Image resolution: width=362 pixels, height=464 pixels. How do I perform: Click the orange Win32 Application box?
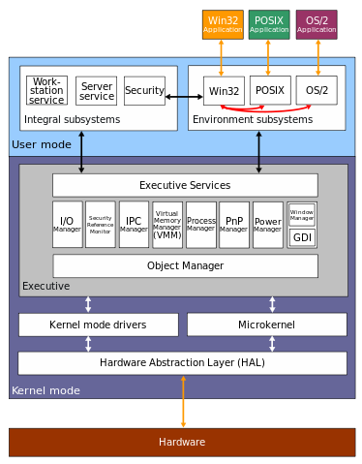point(223,24)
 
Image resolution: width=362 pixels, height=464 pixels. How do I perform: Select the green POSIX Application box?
point(269,24)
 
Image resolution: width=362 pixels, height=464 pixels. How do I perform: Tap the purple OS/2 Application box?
point(317,24)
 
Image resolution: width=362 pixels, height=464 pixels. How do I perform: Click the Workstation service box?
point(46,91)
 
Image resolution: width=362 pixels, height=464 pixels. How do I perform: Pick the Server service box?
point(96,91)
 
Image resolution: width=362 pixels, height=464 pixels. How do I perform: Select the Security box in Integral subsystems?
point(144,91)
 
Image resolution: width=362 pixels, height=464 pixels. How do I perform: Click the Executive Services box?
point(185,185)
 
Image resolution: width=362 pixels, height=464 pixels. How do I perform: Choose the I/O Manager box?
point(67,225)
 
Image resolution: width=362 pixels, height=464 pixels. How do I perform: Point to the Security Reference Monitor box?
point(100,225)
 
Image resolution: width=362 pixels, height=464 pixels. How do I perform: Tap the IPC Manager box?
point(134,225)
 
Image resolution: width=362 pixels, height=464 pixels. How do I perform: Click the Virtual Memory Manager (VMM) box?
point(167,225)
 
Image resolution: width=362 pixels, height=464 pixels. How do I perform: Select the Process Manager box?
point(201,225)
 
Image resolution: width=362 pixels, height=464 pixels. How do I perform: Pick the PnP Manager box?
point(234,225)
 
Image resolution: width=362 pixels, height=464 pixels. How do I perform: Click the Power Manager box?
point(268,225)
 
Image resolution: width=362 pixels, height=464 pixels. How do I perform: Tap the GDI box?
point(302,237)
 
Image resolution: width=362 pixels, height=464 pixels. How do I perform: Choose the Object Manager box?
point(185,265)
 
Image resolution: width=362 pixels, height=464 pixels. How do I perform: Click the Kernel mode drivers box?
point(98,325)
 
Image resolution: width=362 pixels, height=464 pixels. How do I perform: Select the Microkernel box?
point(266,325)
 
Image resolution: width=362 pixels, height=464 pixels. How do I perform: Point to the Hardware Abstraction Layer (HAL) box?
point(182,363)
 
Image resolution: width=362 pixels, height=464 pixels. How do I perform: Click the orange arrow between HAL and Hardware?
point(183,401)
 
